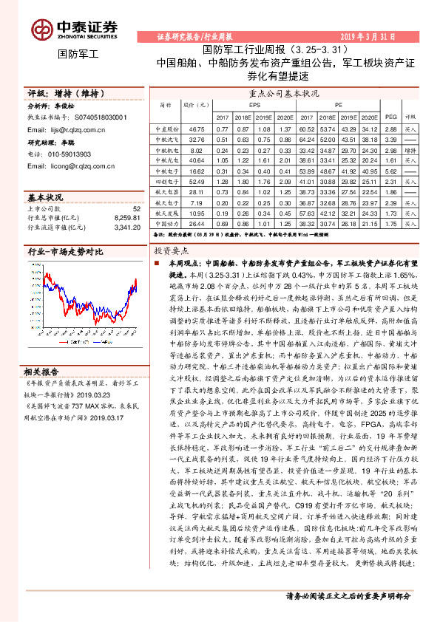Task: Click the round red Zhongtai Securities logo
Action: (x=41, y=29)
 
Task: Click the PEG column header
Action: (x=390, y=117)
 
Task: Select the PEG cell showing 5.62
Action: (x=390, y=171)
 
